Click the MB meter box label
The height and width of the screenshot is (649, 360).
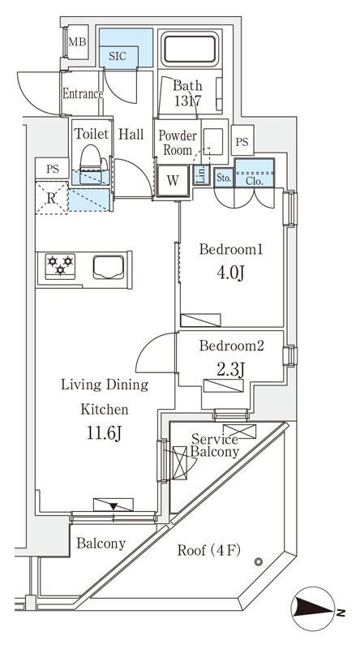pyautogui.click(x=77, y=42)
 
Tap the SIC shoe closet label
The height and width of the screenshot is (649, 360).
pyautogui.click(x=118, y=57)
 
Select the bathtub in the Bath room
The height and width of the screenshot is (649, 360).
pyautogui.click(x=190, y=49)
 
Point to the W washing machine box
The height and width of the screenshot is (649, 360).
pyautogui.click(x=173, y=180)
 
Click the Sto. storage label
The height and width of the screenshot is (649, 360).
pyautogui.click(x=224, y=178)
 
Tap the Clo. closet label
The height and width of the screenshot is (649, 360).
pyautogui.click(x=255, y=180)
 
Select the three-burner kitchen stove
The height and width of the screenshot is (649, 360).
pyautogui.click(x=61, y=266)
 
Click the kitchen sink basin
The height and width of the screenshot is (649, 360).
pyautogui.click(x=109, y=268)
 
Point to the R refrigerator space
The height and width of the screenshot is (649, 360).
pyautogui.click(x=51, y=198)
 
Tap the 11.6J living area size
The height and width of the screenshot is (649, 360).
pyautogui.click(x=104, y=433)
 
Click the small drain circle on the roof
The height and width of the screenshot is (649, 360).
pyautogui.click(x=259, y=561)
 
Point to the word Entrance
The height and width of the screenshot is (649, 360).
pyautogui.click(x=82, y=94)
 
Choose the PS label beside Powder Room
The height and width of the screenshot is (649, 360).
pyautogui.click(x=242, y=141)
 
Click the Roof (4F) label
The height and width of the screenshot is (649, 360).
pyautogui.click(x=209, y=551)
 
